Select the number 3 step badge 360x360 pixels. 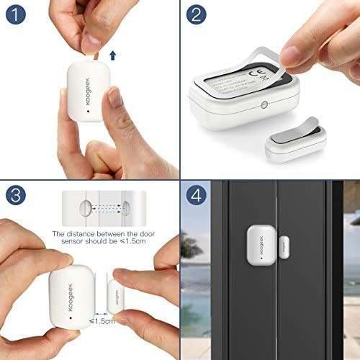point(17,197)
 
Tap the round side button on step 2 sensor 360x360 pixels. point(265,104)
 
